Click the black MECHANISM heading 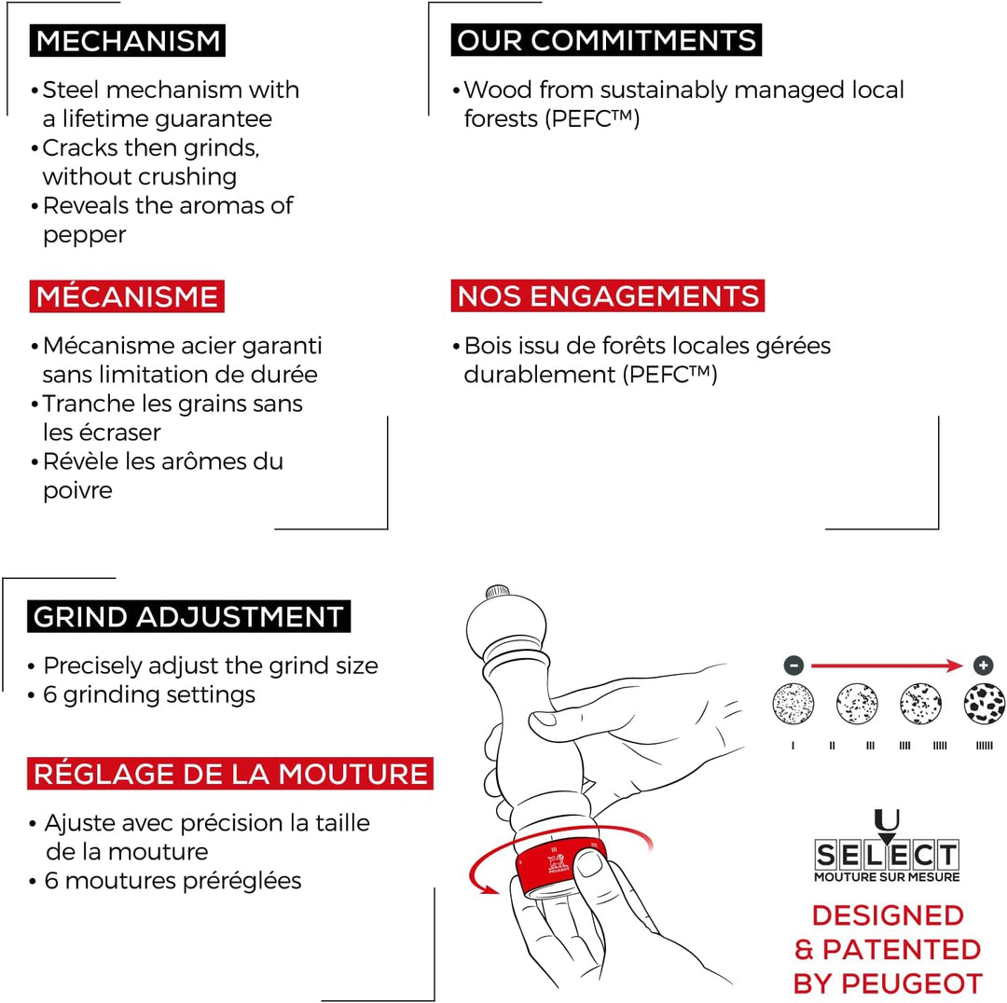[127, 40]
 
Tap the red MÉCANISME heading [127, 296]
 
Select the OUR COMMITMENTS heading [606, 40]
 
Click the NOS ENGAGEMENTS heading [608, 296]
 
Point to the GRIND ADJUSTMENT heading [188, 616]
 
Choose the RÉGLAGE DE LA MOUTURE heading [230, 774]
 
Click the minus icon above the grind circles [793, 666]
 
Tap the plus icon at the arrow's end [984, 666]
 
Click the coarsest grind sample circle [984, 704]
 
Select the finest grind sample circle [793, 704]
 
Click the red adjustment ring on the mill [558, 866]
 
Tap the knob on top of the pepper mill [497, 591]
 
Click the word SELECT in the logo [887, 855]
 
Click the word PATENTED [901, 950]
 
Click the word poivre [77, 491]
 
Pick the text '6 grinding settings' [149, 694]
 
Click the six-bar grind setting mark [984, 746]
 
